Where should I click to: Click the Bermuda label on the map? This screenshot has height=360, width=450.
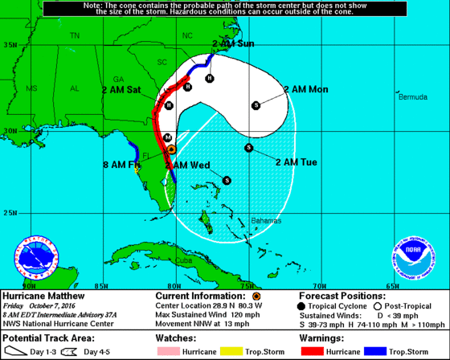pos(413,96)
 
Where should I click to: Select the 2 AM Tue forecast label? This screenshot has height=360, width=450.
pos(296,162)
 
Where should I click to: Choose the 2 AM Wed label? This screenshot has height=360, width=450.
pos(187,166)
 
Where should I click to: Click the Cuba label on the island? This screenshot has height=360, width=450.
pos(184,260)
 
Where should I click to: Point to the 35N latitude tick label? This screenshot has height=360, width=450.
pos(10,44)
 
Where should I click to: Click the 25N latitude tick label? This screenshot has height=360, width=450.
pos(10,213)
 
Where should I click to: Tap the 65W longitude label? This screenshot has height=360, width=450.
pos(392,285)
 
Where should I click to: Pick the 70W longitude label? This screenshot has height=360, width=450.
pos(319,285)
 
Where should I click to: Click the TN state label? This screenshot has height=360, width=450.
pos(75,36)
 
